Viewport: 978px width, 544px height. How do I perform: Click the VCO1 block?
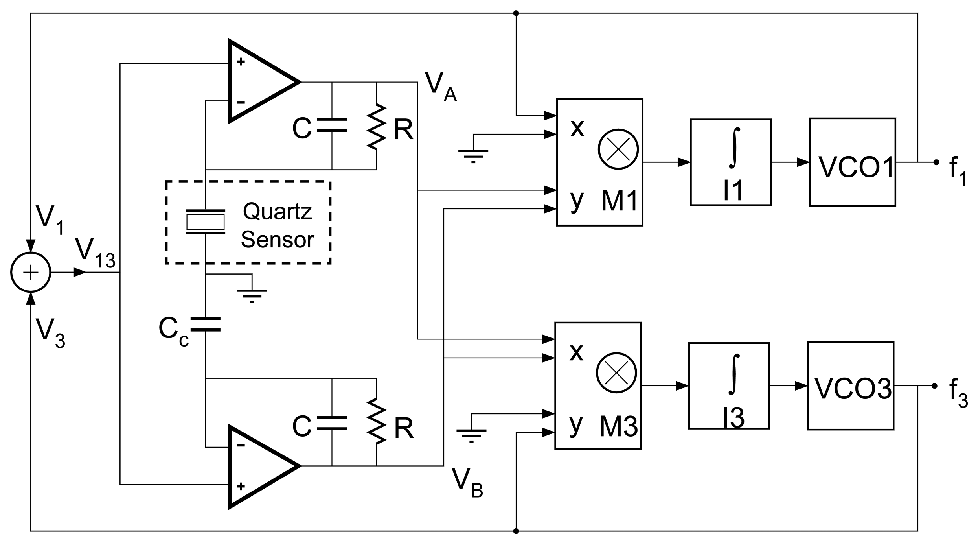tap(852, 162)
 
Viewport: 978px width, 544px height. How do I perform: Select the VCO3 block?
tap(851, 386)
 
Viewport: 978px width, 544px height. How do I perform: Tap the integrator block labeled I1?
tap(730, 162)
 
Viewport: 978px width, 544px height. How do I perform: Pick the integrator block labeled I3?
tap(729, 386)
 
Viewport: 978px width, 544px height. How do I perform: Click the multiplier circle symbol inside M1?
tap(618, 149)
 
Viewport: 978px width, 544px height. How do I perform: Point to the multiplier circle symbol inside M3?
tap(616, 373)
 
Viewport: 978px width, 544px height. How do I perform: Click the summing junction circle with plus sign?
tap(31, 272)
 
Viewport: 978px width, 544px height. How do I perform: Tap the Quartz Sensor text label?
tap(278, 225)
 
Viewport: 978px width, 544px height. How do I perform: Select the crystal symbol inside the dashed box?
tap(205, 222)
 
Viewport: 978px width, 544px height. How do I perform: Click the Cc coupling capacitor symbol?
tap(205, 325)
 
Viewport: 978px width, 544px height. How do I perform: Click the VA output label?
tap(440, 87)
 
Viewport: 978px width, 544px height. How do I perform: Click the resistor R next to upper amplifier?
tap(377, 127)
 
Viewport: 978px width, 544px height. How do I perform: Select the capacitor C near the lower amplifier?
tap(332, 423)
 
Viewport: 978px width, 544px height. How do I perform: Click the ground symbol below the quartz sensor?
tap(252, 293)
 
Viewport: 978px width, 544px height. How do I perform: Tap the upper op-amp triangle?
tap(259, 82)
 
